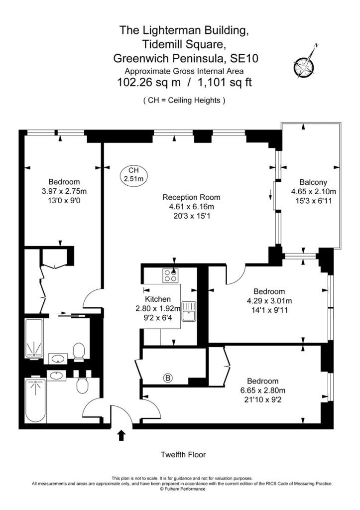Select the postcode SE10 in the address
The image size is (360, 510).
[x=243, y=58]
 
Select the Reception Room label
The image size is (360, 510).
[x=192, y=197]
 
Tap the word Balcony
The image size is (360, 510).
[x=313, y=182]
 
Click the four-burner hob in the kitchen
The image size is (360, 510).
[x=171, y=275]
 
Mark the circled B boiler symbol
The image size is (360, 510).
[x=168, y=379]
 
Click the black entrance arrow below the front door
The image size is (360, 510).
[x=121, y=435]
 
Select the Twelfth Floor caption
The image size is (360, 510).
[x=183, y=455]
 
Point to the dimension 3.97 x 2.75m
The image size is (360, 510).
[x=64, y=191]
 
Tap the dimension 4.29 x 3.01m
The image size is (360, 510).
[x=269, y=301]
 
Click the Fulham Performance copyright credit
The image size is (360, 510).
[x=182, y=489]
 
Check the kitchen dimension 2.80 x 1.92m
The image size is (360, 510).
[x=158, y=309]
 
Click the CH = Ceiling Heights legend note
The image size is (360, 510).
[x=184, y=100]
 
